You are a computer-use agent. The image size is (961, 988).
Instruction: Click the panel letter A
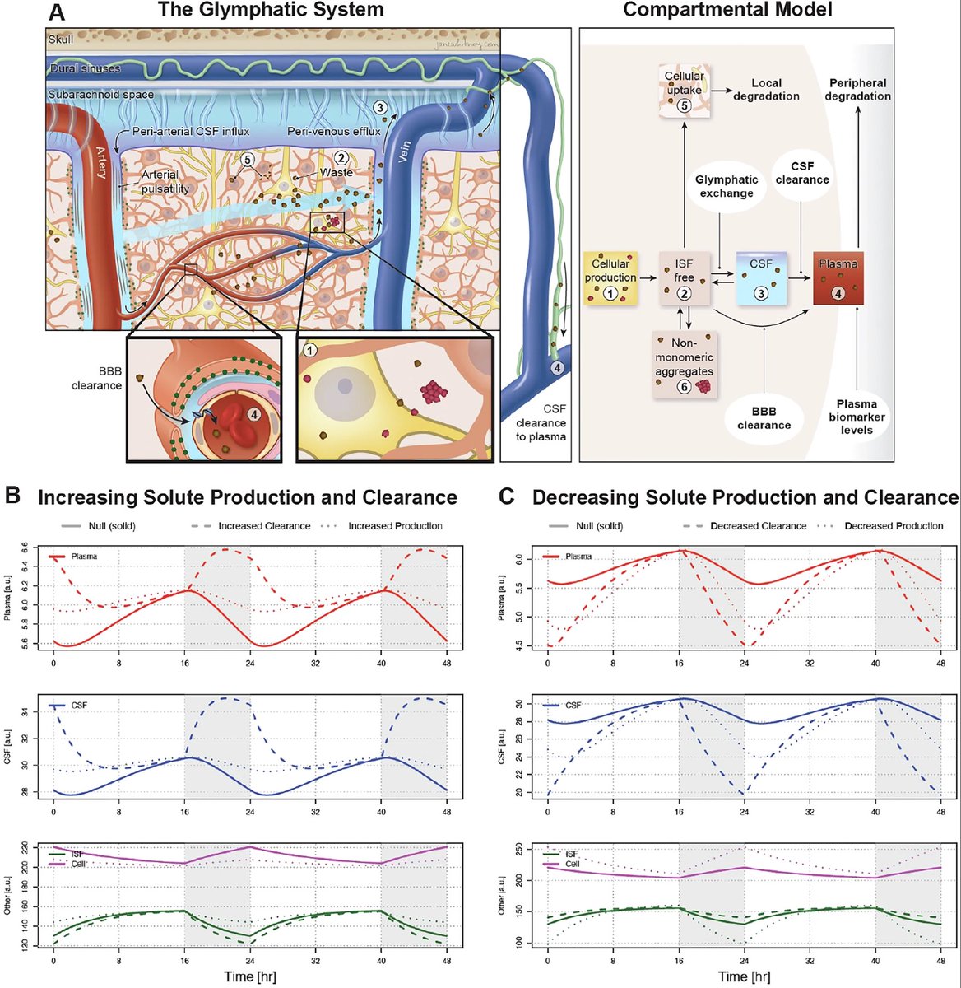point(57,12)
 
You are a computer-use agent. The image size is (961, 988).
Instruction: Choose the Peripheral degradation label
point(858,89)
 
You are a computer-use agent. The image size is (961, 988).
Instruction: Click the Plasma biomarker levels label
point(857,417)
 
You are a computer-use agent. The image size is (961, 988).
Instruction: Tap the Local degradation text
point(765,89)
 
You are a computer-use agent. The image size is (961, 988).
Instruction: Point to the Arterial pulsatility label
point(165,181)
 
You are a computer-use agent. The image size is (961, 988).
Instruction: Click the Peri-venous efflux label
point(333,132)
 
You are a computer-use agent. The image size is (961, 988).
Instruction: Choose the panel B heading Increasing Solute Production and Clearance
point(247,497)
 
